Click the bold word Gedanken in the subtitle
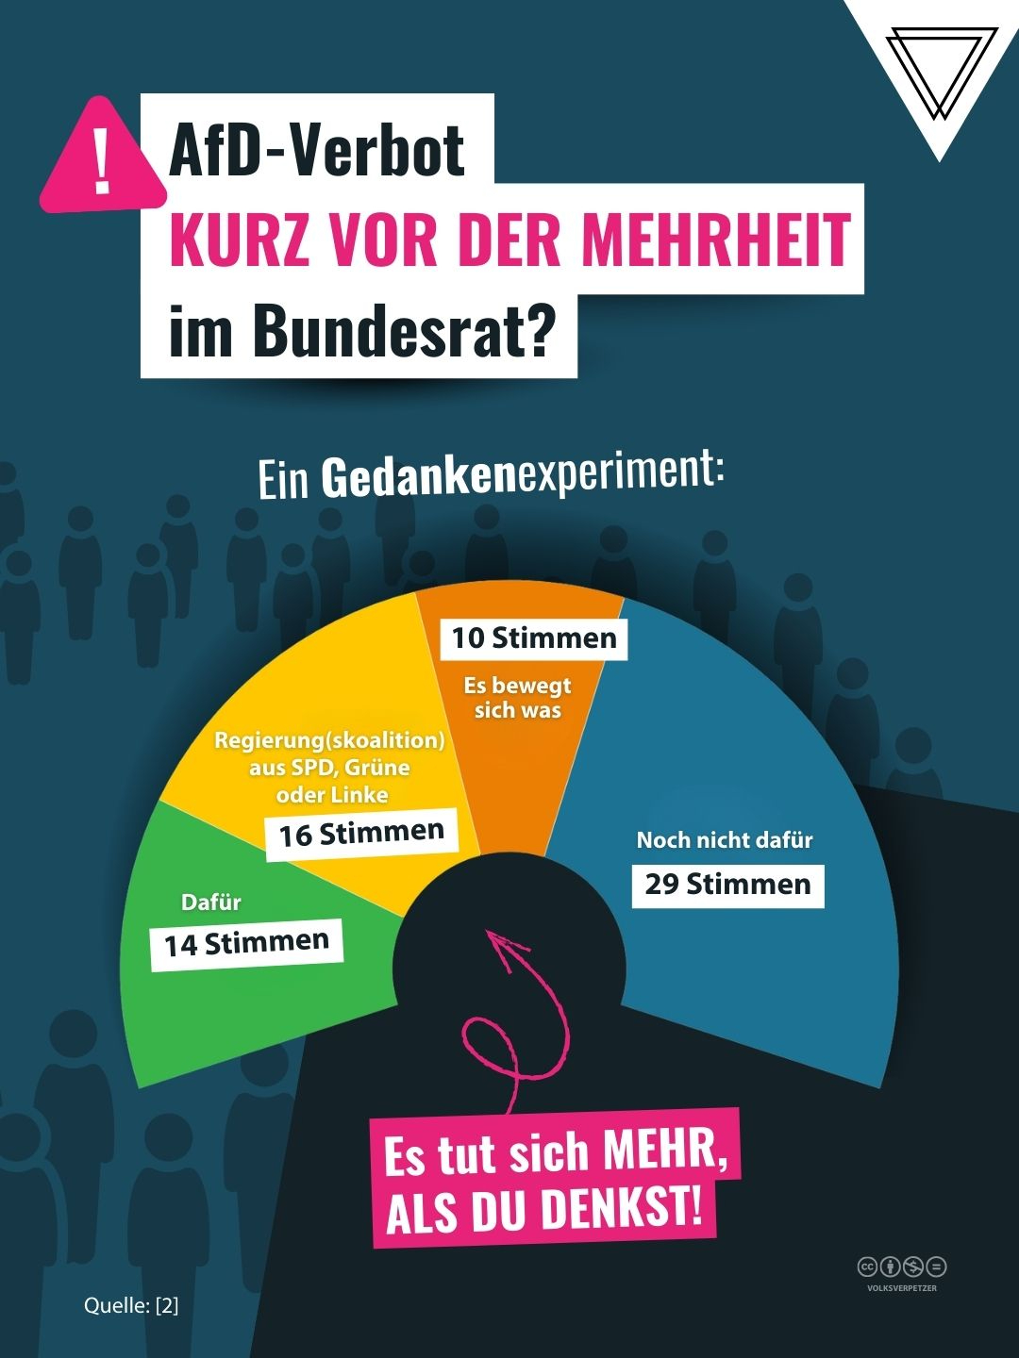point(419,477)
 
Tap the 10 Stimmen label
point(533,638)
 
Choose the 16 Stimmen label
point(361,834)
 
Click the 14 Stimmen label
point(246,943)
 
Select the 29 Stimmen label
point(727,885)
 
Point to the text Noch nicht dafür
point(724,840)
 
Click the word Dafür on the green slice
point(210,903)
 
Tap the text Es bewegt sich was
point(517,698)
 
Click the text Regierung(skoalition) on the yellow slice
point(329,740)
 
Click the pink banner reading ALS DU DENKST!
point(544,1209)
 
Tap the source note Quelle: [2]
point(131,1305)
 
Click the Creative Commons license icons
point(901,1267)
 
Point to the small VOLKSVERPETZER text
point(902,1288)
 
